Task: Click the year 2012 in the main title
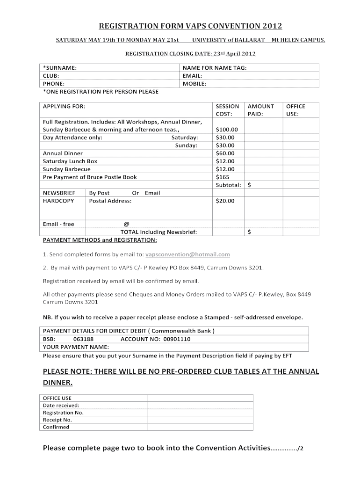272,26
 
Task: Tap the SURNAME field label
60,68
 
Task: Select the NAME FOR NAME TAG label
215,68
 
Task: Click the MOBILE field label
194,84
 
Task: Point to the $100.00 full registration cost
227,130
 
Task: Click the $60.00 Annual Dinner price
225,153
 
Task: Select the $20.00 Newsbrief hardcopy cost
225,201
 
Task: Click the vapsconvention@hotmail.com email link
188,254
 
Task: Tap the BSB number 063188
83,339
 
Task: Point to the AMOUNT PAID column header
260,110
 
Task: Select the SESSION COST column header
227,110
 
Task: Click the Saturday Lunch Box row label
70,161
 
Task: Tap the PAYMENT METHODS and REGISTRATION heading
100,240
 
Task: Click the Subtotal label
228,185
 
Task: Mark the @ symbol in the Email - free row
126,224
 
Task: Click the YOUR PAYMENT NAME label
76,347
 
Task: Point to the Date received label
61,406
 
